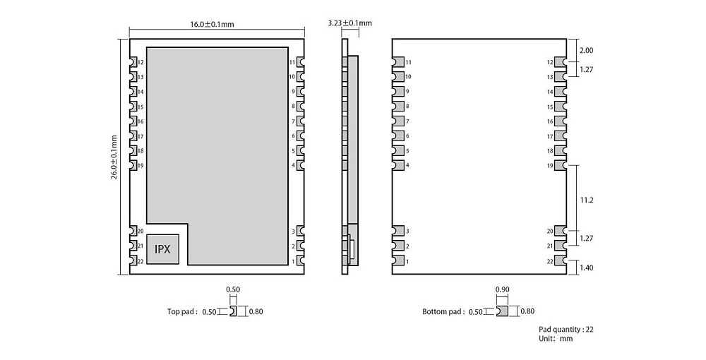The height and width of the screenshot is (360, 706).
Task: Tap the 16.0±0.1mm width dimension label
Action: (x=212, y=24)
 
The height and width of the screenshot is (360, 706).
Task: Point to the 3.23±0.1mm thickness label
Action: (x=349, y=23)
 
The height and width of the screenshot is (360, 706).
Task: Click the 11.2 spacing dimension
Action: (x=586, y=200)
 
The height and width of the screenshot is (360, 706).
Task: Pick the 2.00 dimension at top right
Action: (x=586, y=51)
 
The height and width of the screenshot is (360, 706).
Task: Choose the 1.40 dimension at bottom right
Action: (x=586, y=268)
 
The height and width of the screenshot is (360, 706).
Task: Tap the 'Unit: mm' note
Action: (x=556, y=339)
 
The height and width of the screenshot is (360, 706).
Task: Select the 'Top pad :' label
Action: (x=182, y=311)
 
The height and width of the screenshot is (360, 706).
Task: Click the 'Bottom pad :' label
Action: (x=443, y=311)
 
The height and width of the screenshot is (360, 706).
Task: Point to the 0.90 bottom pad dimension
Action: (x=502, y=289)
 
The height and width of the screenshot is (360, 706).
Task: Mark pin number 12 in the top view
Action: (x=140, y=63)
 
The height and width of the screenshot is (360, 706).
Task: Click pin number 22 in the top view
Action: (x=140, y=261)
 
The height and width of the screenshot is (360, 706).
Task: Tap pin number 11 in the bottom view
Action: (x=408, y=63)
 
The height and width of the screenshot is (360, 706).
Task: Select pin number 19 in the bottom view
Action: (x=549, y=165)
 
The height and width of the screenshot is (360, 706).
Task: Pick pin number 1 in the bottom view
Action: (x=407, y=261)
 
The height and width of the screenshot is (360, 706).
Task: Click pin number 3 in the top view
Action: (x=293, y=232)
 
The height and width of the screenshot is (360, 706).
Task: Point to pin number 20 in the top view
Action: (x=140, y=232)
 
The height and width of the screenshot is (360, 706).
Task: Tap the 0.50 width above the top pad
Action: (x=232, y=289)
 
